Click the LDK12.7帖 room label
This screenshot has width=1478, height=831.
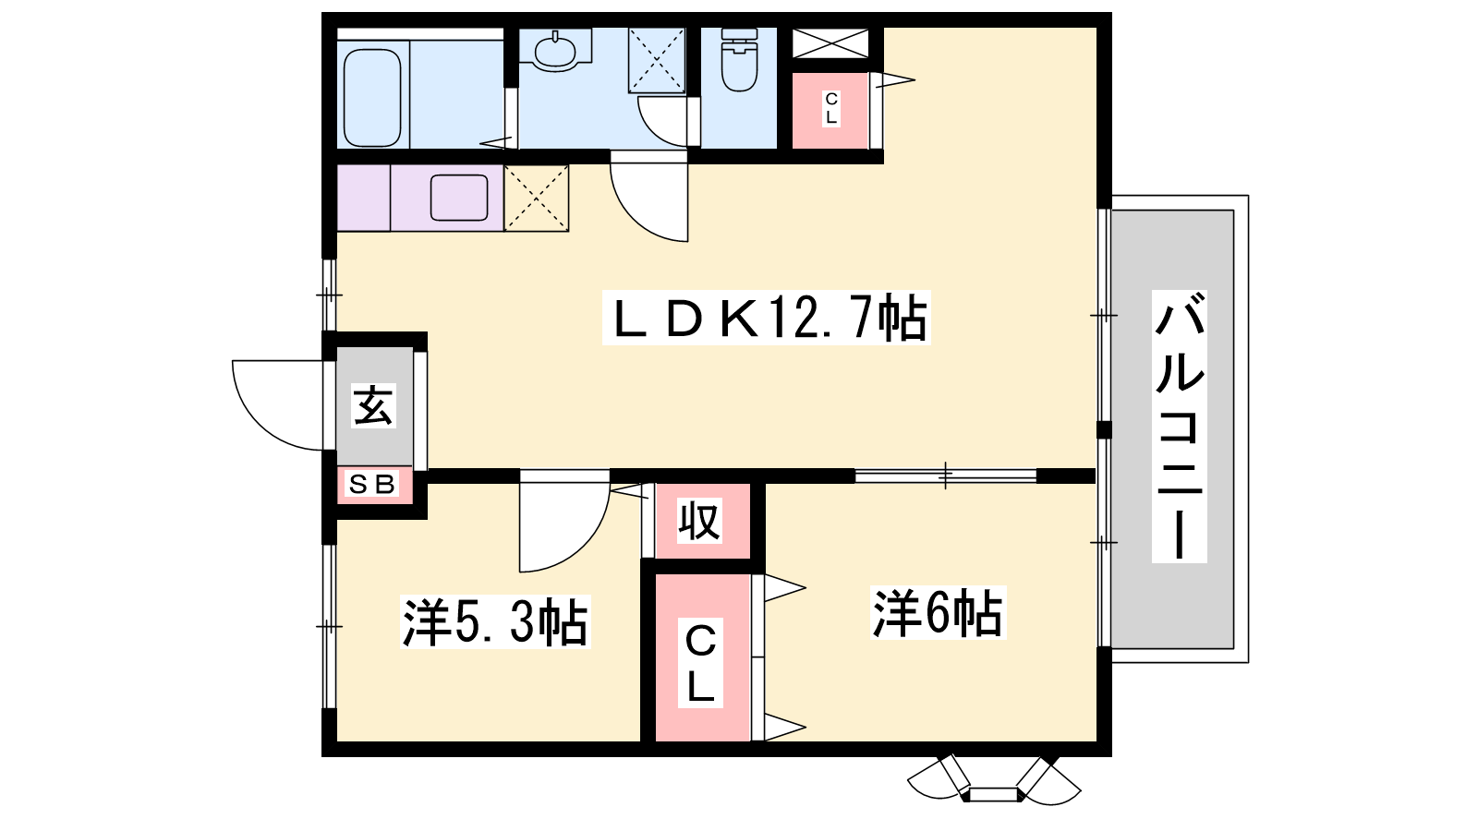coord(767,318)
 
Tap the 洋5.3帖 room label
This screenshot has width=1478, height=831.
coord(495,622)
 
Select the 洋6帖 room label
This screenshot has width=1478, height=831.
coord(938,613)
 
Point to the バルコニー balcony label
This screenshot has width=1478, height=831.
coord(1179,426)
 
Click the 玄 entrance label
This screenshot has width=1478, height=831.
coord(373,405)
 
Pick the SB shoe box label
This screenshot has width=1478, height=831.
coord(372,485)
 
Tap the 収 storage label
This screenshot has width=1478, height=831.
coord(699,521)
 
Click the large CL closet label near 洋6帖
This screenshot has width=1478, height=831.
coord(700,663)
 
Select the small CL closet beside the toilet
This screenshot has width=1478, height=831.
coord(830,110)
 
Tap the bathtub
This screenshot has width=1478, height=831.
coord(372,97)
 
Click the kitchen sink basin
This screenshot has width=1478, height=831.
coord(459,198)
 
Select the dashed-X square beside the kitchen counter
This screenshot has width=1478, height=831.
coord(537,198)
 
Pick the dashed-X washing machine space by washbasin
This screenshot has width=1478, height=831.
coord(657,60)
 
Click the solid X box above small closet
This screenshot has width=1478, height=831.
coord(830,42)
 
